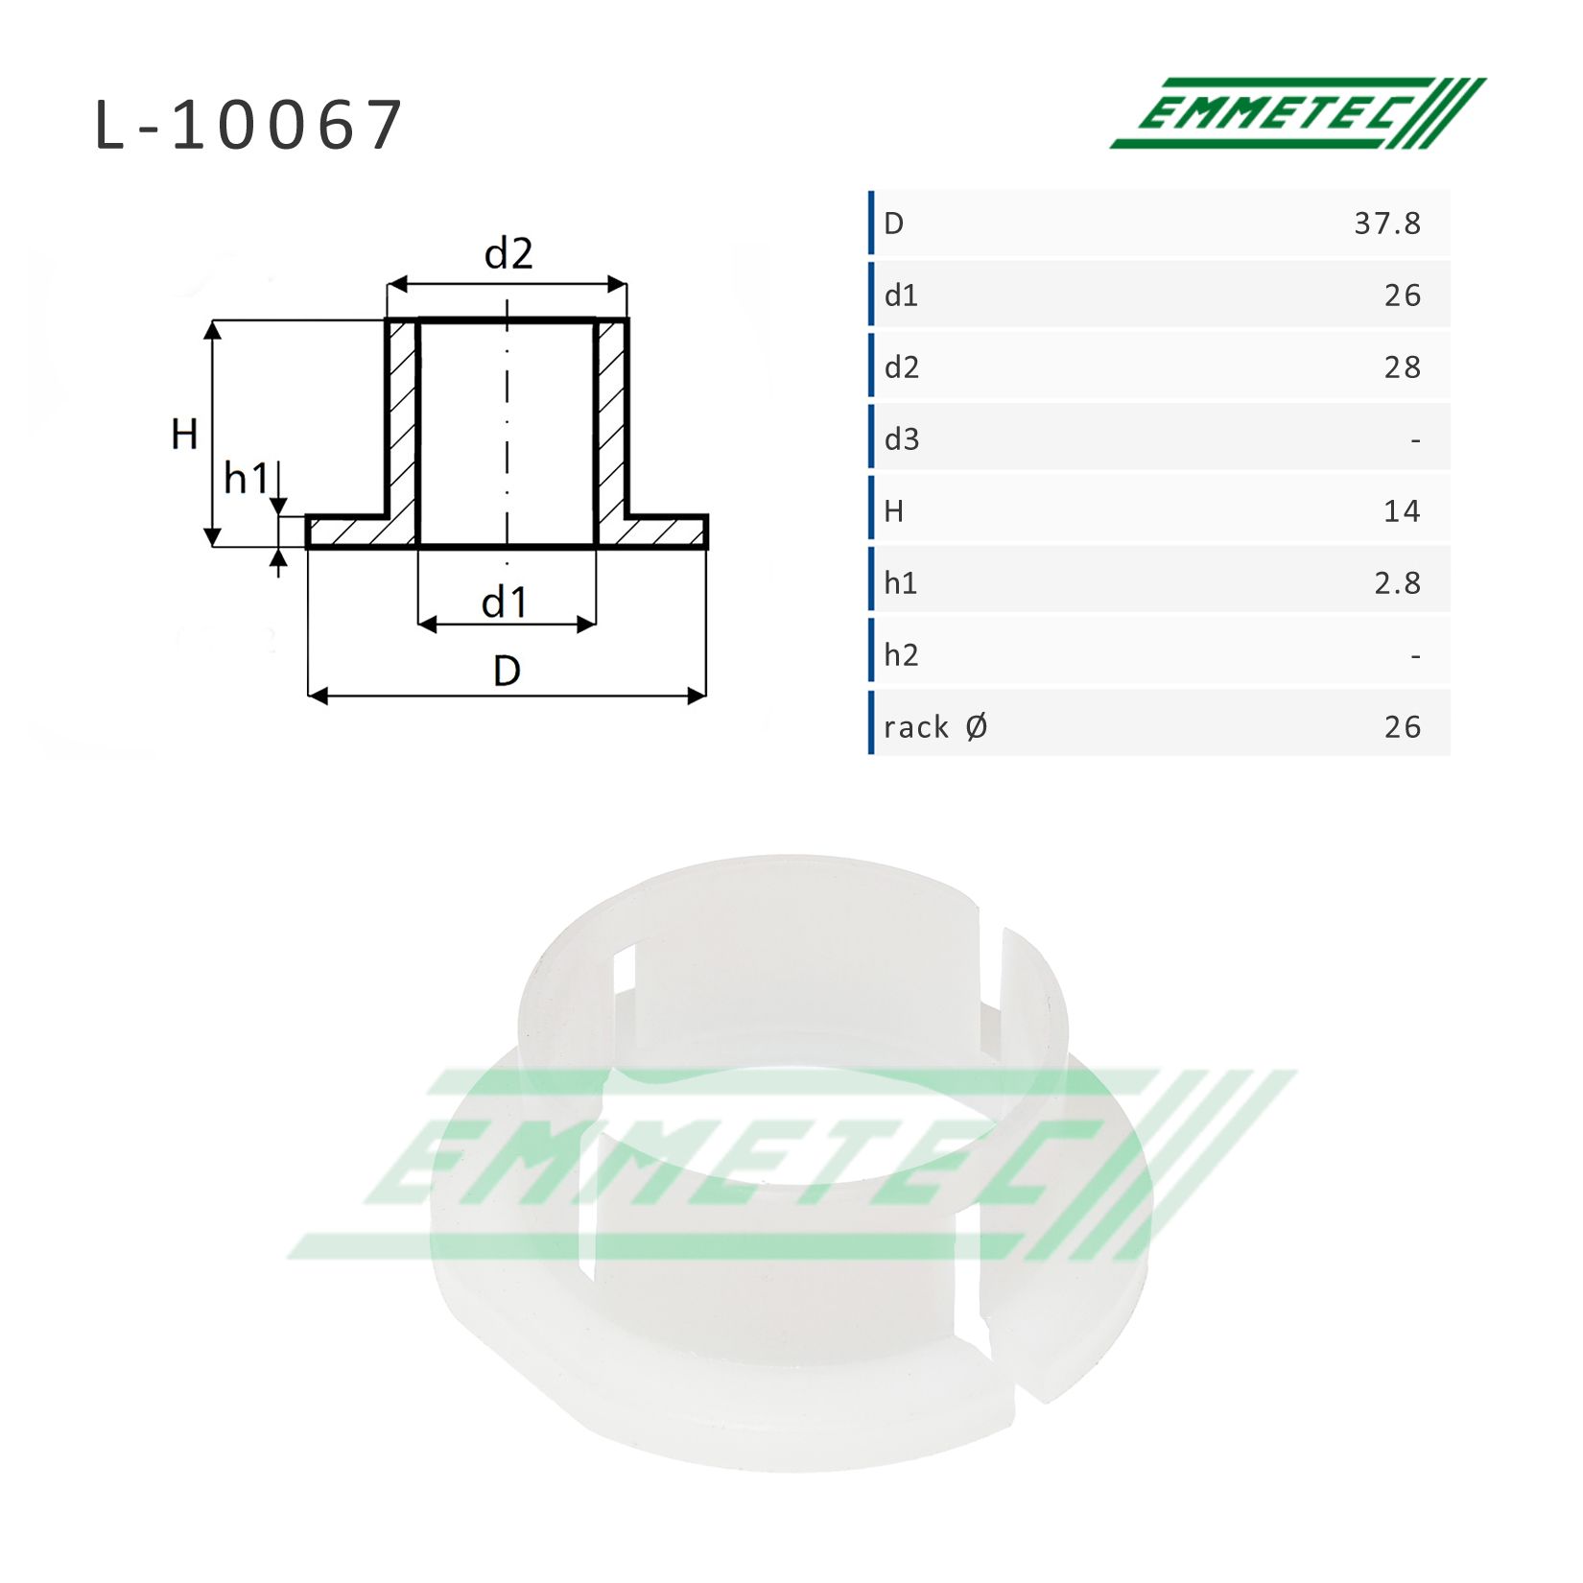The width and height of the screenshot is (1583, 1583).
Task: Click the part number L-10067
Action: tap(248, 126)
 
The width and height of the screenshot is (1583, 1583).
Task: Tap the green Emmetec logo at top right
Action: tap(1297, 113)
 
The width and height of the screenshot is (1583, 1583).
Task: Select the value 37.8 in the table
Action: tap(1387, 224)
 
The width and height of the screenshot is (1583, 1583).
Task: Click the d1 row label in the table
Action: tap(901, 295)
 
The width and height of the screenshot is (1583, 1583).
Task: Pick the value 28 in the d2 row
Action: tap(1403, 367)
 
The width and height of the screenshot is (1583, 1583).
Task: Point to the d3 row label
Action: tap(902, 439)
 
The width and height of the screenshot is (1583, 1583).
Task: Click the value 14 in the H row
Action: tap(1402, 511)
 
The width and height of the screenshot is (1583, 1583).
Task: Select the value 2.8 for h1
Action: tap(1398, 583)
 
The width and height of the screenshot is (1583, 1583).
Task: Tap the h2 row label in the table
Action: tap(901, 655)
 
